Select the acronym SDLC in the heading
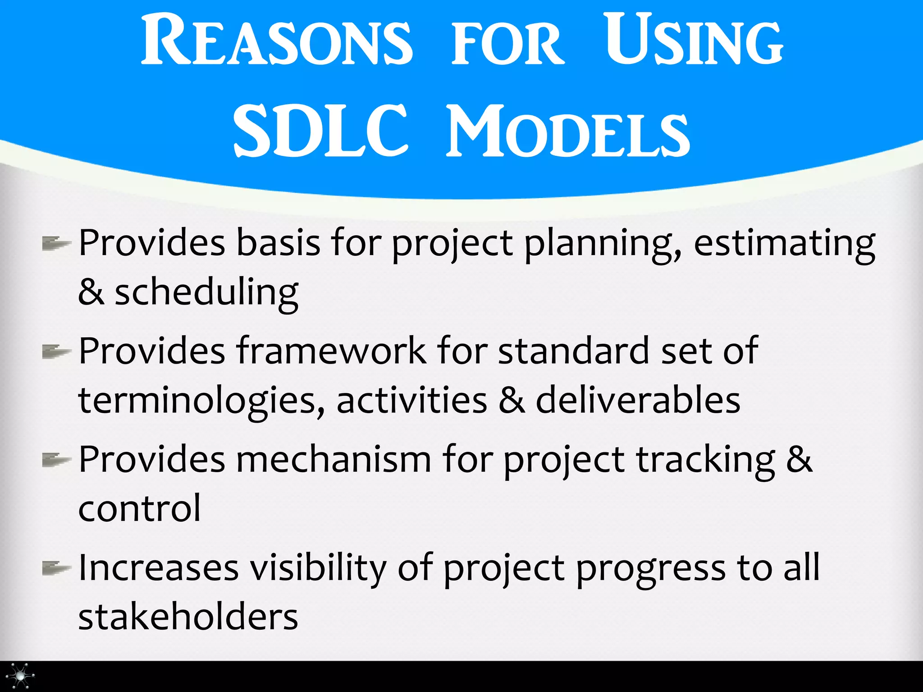[x=320, y=131]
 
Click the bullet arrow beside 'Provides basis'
[x=56, y=244]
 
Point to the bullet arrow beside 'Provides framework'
[x=56, y=352]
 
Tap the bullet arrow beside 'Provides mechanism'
[x=56, y=460]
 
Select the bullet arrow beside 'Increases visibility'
[x=56, y=568]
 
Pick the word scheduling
[x=206, y=293]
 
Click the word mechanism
[x=334, y=460]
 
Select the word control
[x=139, y=509]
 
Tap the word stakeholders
[x=188, y=617]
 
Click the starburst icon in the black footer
[x=20, y=676]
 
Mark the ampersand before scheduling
[x=91, y=293]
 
